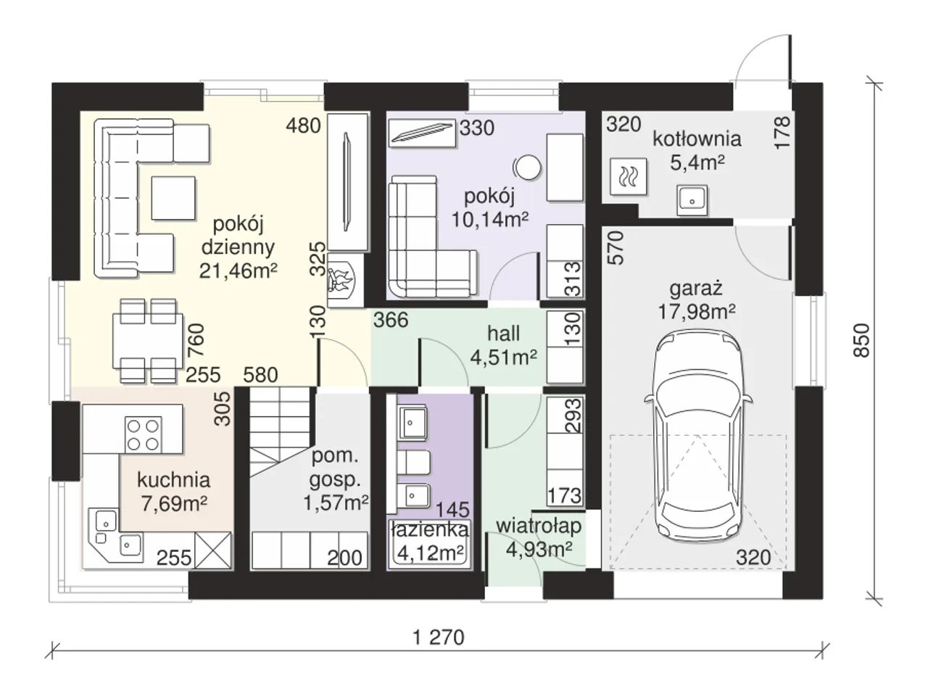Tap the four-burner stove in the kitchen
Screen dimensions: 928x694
point(144,434)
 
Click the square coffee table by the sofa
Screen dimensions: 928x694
point(173,198)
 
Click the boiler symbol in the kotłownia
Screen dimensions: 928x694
point(629,176)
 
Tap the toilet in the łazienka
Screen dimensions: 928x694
point(414,462)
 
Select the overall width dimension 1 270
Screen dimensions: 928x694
point(439,637)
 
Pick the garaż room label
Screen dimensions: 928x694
point(696,289)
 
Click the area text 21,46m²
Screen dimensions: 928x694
point(238,270)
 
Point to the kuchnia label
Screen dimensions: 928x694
point(174,480)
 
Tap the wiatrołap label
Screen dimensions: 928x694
point(539,526)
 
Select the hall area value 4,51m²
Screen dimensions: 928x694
point(504,358)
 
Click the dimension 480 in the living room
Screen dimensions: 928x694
point(303,125)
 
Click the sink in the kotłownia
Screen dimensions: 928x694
point(692,199)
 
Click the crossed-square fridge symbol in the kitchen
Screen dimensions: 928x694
point(213,550)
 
